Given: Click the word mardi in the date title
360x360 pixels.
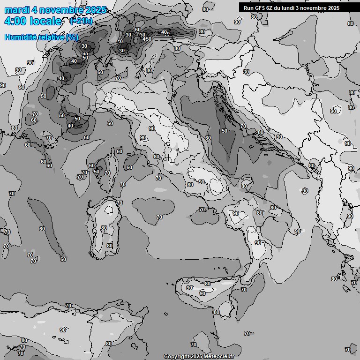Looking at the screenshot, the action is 15,10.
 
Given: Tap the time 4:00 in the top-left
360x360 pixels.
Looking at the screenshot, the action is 15,21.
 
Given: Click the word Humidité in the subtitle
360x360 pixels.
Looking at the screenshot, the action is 19,37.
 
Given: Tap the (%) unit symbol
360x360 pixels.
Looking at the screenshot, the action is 72,37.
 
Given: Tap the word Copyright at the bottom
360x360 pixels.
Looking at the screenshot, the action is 176,356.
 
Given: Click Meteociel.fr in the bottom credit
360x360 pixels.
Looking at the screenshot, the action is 219,356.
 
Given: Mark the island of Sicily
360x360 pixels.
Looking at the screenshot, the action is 206,293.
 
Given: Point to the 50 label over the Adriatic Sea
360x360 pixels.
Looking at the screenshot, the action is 225,131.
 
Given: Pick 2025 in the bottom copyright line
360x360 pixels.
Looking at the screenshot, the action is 196,356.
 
